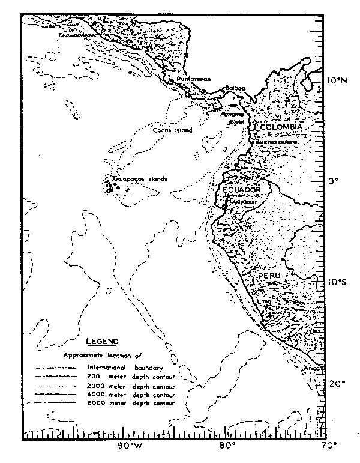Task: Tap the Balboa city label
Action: coord(235,88)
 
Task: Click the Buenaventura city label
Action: coord(277,142)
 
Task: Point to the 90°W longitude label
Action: coord(129,446)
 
